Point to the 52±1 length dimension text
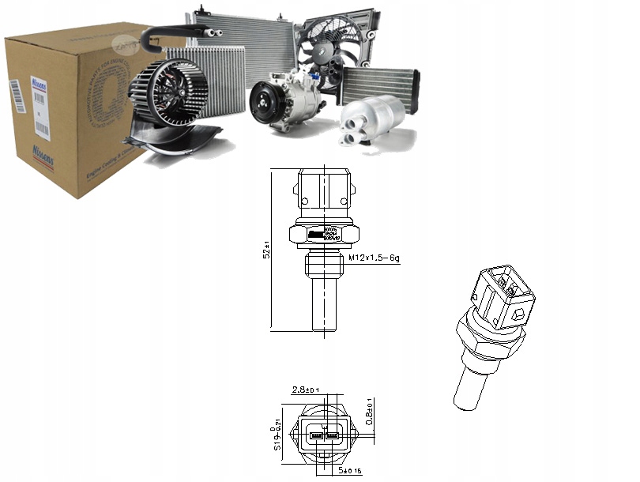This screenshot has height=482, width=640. pos(268,249)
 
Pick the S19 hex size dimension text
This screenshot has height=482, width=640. pos(277,437)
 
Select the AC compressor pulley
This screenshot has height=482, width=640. pos(265,104)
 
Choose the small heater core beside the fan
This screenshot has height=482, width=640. pos(378,84)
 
